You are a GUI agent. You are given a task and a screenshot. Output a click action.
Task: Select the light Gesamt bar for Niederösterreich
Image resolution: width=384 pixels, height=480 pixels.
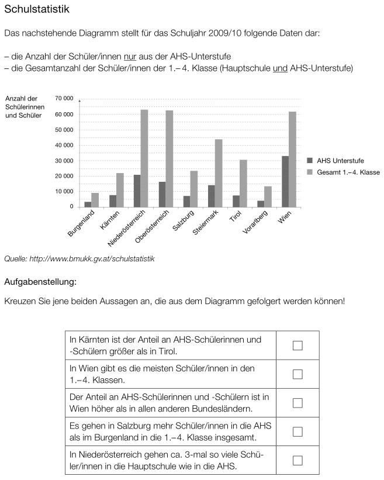[144, 158]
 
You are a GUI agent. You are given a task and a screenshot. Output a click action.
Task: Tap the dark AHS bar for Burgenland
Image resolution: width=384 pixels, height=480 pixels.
[88, 204]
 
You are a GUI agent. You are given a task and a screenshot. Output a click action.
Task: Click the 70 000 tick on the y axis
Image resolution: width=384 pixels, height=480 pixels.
[64, 99]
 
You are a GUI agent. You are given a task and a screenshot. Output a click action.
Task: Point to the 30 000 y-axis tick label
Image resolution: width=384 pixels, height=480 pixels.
[64, 161]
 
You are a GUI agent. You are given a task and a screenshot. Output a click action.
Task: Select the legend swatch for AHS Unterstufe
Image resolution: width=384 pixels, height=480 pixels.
[310, 160]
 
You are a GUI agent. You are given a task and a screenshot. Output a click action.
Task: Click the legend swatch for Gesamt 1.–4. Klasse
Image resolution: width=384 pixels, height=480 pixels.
[310, 172]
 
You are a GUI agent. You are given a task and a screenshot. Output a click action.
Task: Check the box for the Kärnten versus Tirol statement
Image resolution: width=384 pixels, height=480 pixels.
[297, 345]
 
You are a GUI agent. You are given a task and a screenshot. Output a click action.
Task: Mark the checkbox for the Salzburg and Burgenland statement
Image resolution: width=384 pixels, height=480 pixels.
[297, 431]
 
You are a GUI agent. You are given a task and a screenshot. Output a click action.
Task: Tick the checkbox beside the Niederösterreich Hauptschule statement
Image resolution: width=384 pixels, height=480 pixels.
[297, 460]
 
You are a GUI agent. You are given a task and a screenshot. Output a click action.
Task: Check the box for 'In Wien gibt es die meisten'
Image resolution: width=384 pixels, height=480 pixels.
[297, 374]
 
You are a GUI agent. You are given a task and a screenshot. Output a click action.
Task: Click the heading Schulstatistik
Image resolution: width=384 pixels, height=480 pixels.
[37, 10]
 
